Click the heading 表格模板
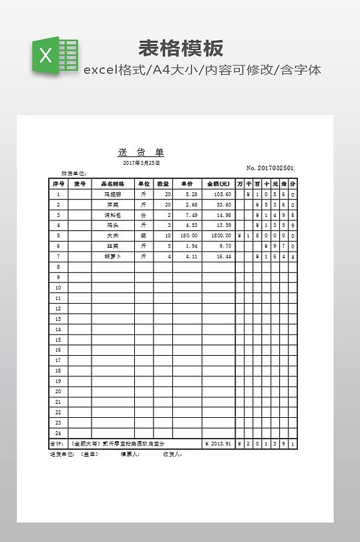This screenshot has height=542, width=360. (180, 48)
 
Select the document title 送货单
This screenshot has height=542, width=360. (141, 152)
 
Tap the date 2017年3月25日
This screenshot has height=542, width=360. (142, 163)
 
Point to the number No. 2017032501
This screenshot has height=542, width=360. (271, 168)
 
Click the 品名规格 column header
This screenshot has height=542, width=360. (112, 184)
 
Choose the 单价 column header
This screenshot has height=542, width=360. (187, 184)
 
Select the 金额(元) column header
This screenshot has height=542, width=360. (218, 184)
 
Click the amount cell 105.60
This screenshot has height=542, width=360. (222, 194)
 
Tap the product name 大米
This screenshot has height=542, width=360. (112, 236)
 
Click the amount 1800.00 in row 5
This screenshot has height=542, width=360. (221, 236)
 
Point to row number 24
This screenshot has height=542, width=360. (58, 433)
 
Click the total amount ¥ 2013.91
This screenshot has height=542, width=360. (218, 443)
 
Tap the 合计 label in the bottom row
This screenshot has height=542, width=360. (57, 443)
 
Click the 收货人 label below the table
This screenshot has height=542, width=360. (172, 454)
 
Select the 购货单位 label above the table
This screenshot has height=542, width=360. (73, 174)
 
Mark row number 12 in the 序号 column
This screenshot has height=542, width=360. (58, 308)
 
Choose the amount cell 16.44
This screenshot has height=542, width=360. (223, 256)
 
